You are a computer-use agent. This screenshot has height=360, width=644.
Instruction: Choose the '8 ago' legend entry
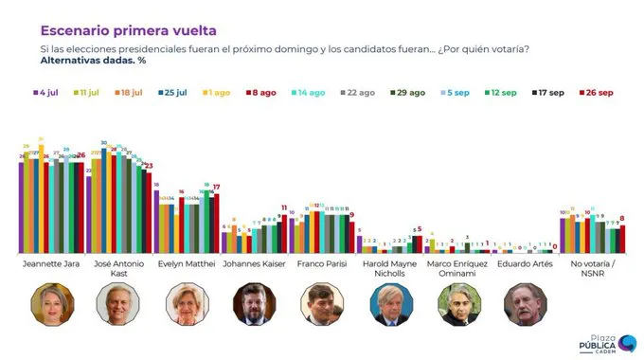tap(260, 93)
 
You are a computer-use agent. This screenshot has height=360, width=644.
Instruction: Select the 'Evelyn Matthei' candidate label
tap(186, 265)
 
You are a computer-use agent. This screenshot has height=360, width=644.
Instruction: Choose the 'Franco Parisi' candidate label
tap(321, 265)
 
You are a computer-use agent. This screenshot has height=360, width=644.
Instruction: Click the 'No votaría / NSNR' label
tap(592, 269)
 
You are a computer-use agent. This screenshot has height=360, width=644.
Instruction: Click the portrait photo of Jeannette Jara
tap(52, 304)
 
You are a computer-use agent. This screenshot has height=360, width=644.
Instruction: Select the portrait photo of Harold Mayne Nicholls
tap(389, 304)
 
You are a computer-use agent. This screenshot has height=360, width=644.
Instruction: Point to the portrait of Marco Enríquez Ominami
tap(457, 304)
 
